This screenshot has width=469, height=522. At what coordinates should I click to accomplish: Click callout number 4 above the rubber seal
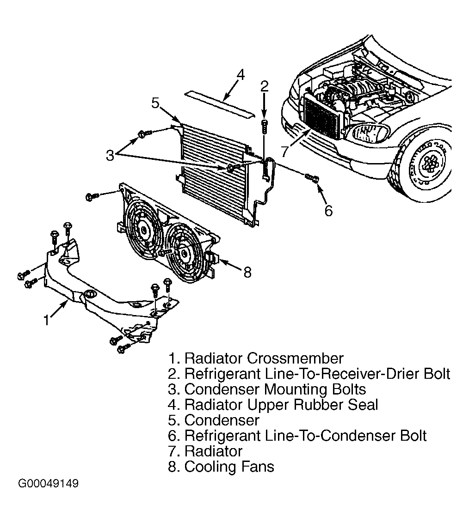241,75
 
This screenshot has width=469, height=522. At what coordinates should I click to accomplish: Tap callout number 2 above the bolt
265,86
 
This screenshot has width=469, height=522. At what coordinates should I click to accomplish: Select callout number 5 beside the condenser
155,103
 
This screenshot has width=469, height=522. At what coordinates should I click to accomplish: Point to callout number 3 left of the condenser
110,155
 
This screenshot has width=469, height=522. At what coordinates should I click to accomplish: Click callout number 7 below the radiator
284,151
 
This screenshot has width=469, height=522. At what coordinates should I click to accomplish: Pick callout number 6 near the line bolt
329,211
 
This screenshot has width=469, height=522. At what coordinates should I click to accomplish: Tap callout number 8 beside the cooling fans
247,273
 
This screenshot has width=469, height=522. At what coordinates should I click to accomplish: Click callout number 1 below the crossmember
47,320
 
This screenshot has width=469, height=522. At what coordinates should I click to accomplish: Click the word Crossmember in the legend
295,358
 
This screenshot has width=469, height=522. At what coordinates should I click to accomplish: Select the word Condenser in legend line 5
222,420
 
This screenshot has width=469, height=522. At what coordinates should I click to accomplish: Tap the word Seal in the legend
363,405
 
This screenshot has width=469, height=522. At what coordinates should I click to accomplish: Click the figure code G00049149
48,483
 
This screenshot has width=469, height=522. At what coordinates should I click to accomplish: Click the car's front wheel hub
430,163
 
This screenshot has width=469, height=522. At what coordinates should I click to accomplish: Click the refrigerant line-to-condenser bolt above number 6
312,178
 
